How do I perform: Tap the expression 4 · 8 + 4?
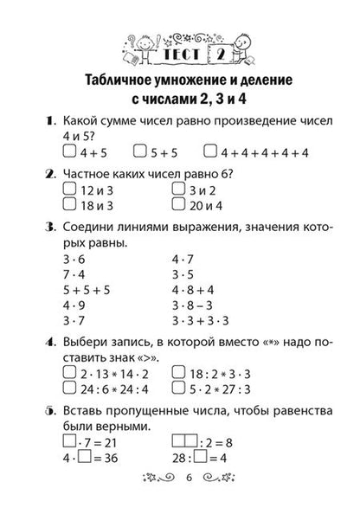(198, 290)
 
